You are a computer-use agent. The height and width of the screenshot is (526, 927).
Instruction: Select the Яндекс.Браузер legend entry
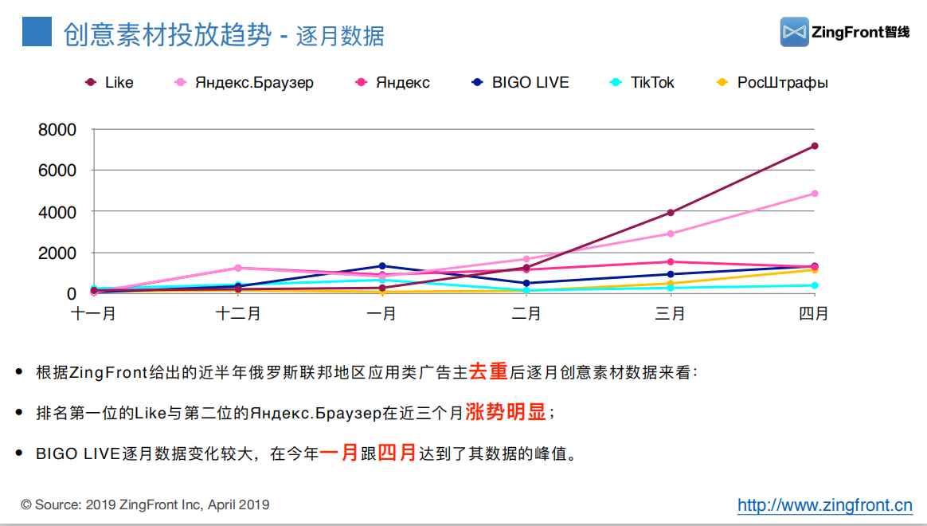click(x=245, y=83)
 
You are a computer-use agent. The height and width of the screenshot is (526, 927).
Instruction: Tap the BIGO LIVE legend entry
click(x=521, y=83)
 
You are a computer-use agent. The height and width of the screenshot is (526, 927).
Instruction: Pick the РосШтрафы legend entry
click(x=773, y=83)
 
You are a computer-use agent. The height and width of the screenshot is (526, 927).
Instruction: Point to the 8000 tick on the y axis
click(x=57, y=130)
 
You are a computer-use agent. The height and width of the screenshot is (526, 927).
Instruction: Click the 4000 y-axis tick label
click(x=57, y=212)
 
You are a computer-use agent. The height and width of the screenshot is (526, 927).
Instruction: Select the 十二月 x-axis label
click(x=237, y=314)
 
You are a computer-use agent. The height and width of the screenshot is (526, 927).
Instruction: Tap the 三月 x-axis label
click(x=671, y=314)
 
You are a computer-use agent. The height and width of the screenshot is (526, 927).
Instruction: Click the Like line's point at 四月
click(x=815, y=146)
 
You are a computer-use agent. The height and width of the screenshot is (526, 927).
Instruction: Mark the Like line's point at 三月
click(x=671, y=213)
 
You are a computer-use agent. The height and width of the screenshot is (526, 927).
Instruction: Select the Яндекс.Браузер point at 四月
click(x=815, y=194)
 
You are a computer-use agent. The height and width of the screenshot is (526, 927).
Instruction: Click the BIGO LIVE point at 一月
click(x=382, y=266)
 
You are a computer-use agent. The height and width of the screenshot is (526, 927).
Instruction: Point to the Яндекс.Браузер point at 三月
click(x=671, y=234)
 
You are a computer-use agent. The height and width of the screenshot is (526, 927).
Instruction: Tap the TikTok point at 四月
click(x=815, y=285)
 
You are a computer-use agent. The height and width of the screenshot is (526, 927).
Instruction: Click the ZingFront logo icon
click(x=794, y=32)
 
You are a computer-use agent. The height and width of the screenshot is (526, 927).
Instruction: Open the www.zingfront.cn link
click(x=824, y=505)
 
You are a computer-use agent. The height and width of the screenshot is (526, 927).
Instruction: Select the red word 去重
click(x=488, y=371)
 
